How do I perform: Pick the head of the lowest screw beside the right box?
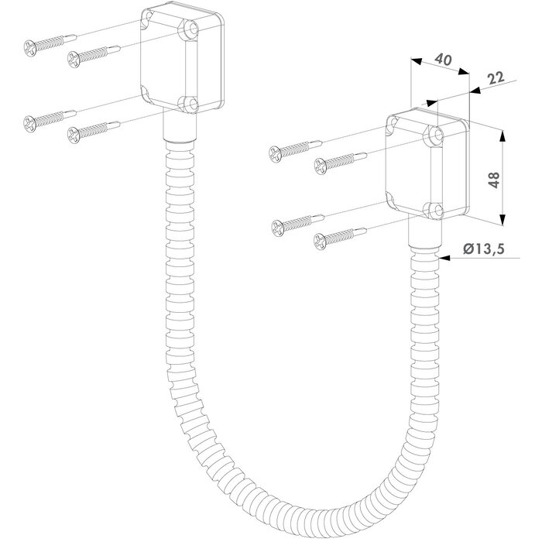click(x=320, y=241)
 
